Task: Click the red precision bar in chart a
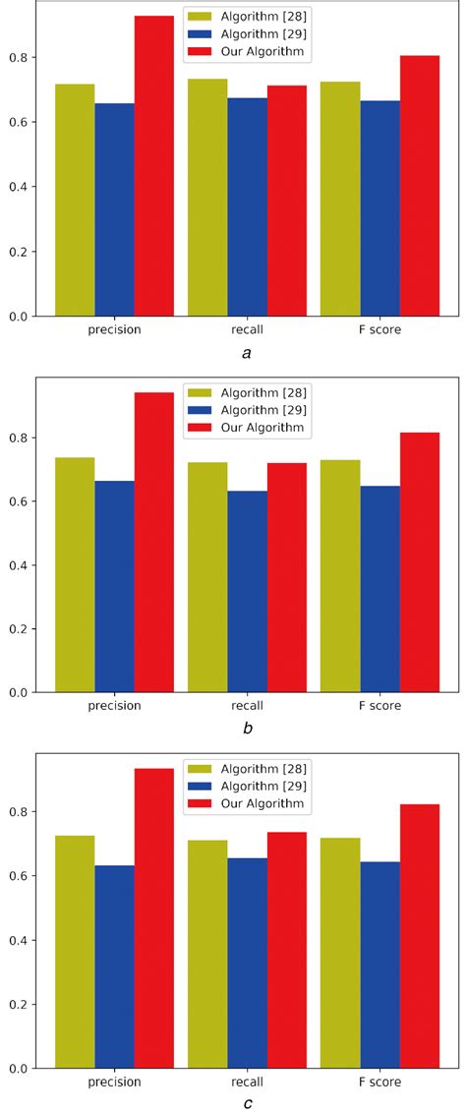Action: pyautogui.click(x=154, y=166)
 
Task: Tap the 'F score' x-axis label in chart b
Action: pyautogui.click(x=379, y=706)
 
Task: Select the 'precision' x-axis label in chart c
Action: pyautogui.click(x=115, y=1082)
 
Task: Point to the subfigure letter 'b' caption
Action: pyautogui.click(x=247, y=729)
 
